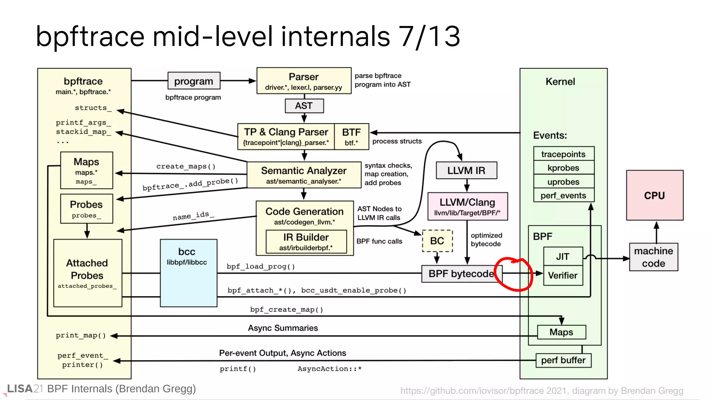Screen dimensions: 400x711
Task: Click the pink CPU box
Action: point(654,195)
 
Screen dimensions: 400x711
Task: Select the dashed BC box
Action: point(437,241)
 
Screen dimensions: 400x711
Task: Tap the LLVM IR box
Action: point(466,170)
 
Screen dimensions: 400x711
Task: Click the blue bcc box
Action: point(189,273)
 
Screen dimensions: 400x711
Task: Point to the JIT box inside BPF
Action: point(562,256)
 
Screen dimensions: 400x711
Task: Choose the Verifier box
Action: point(562,275)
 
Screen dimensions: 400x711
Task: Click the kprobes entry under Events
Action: point(563,168)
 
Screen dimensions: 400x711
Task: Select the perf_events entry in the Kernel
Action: point(563,195)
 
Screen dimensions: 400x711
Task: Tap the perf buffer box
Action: point(563,360)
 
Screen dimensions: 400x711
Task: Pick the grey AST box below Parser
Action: point(304,106)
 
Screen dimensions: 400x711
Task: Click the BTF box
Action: point(351,136)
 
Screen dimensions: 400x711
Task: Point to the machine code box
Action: point(653,257)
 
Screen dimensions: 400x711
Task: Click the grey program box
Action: point(193,81)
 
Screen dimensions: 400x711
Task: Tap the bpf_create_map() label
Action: point(286,309)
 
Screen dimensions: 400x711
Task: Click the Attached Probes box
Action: point(87,273)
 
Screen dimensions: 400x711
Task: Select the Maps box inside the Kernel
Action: point(561,332)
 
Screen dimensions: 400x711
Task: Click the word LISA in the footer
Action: point(20,389)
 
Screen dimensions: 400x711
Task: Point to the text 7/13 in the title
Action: point(429,36)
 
